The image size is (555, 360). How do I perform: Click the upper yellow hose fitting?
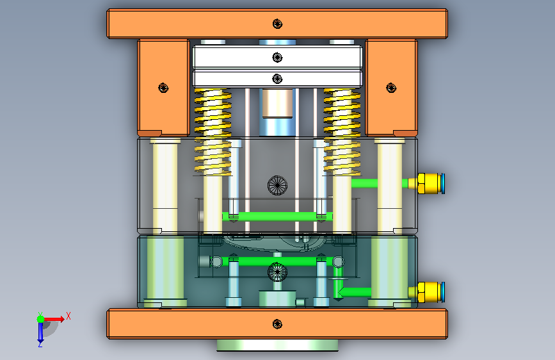click(x=426, y=184)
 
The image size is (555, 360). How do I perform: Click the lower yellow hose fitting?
click(x=426, y=292)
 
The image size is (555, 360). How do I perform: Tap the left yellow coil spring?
click(x=213, y=132)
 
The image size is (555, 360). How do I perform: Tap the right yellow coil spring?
click(x=342, y=132)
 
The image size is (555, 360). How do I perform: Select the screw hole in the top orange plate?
click(x=278, y=24)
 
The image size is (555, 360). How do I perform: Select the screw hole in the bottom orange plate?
click(x=278, y=324)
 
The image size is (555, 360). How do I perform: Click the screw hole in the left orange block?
click(x=163, y=88)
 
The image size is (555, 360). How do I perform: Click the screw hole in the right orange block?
click(x=391, y=88)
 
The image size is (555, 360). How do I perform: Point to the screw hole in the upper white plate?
click(x=278, y=57)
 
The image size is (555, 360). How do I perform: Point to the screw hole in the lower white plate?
click(x=278, y=79)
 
